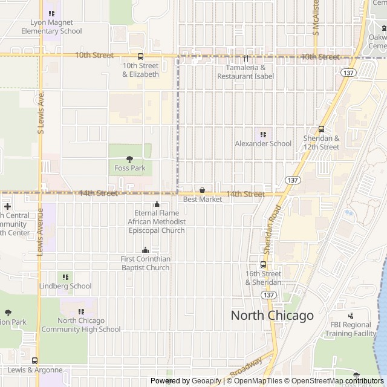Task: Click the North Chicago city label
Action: (273, 315)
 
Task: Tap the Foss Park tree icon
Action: (129, 159)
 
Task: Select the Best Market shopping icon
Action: (202, 190)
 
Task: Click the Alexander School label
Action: (263, 143)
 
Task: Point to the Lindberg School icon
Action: (65, 277)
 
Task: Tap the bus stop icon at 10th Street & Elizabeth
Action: (140, 56)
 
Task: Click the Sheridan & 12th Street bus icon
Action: (321, 128)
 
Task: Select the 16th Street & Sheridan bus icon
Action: (263, 264)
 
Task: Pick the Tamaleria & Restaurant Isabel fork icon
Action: (246, 59)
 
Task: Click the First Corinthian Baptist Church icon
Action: (145, 250)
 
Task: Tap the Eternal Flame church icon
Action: (157, 204)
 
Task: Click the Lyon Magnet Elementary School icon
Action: (51, 13)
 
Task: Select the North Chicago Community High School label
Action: (89, 325)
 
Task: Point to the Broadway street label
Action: (246, 366)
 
